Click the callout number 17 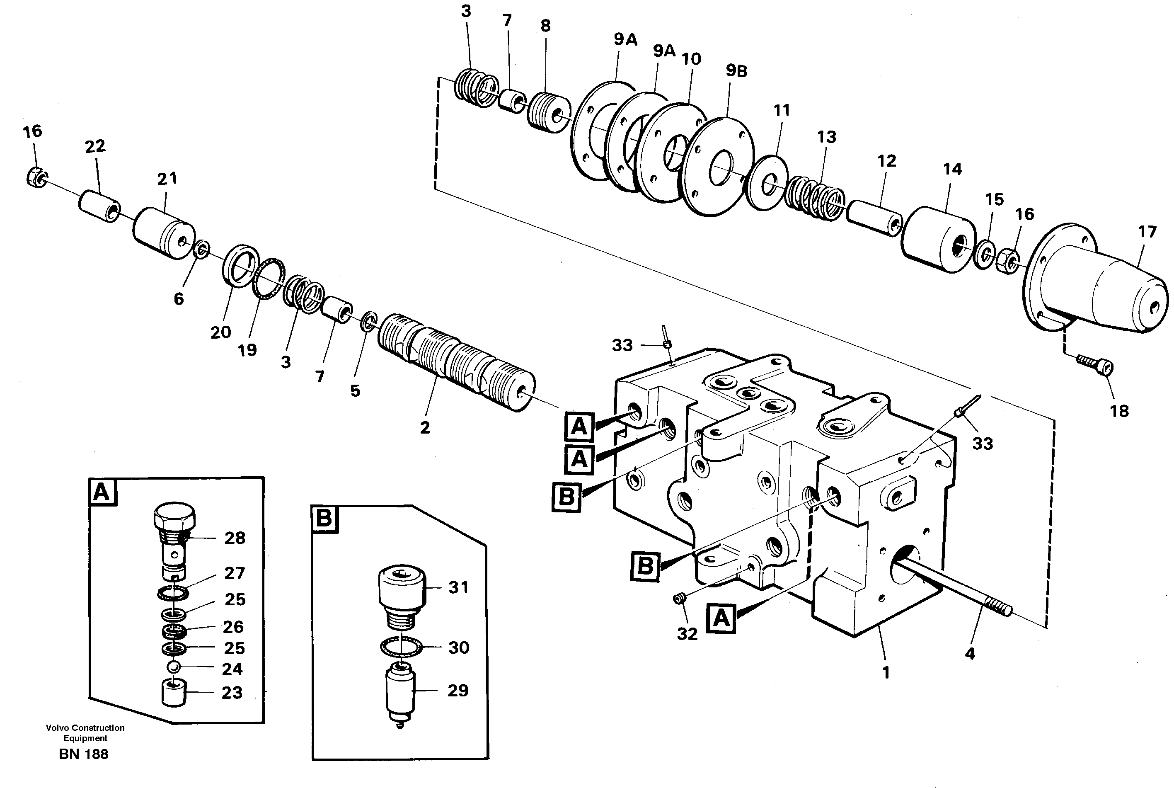click(1147, 232)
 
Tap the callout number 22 click(95, 147)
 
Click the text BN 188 click(83, 754)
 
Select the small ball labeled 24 click(173, 667)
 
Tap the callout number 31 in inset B click(458, 587)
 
